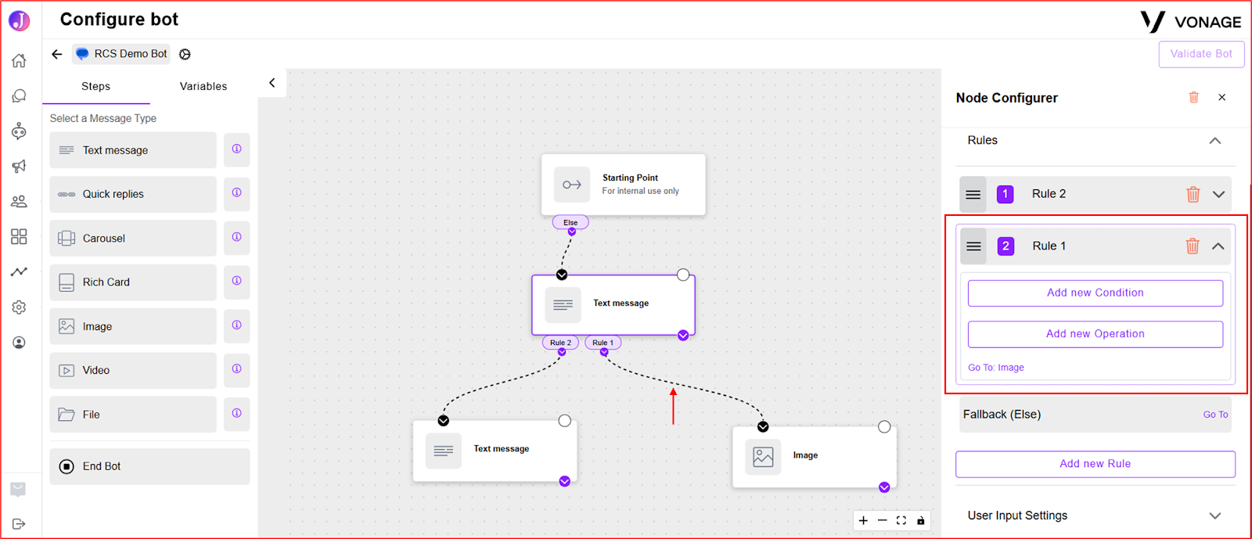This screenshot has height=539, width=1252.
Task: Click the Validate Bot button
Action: (x=1200, y=54)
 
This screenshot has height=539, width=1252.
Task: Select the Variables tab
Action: (x=203, y=86)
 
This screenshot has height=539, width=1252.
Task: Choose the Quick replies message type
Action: (x=133, y=194)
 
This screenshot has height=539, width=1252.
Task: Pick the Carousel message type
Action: (x=133, y=238)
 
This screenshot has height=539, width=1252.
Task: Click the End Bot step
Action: (x=149, y=466)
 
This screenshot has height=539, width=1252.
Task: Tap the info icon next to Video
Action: (x=237, y=369)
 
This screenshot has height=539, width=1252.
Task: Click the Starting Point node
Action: (x=623, y=185)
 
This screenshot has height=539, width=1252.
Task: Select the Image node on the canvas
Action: (x=815, y=456)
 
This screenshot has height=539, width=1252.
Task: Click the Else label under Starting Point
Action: (x=570, y=222)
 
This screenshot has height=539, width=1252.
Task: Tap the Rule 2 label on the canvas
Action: (x=560, y=343)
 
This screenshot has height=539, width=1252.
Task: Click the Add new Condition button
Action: (x=1095, y=293)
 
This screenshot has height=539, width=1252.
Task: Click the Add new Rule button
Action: (x=1095, y=464)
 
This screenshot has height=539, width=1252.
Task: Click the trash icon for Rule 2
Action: (x=1193, y=194)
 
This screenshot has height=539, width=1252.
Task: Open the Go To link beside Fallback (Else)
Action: (x=1215, y=415)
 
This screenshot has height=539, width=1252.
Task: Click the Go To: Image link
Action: (x=996, y=368)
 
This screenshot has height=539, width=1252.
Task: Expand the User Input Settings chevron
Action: (x=1215, y=516)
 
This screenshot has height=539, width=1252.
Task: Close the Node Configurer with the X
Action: (x=1221, y=97)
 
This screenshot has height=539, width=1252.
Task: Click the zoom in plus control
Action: (x=863, y=520)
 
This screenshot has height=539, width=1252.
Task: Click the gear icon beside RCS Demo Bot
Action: (x=185, y=54)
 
